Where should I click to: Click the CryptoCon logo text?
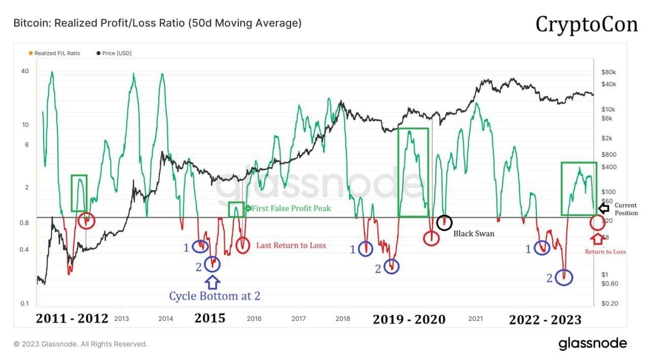tap(587, 24)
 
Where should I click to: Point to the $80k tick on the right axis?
tap(609, 72)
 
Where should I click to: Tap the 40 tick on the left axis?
tap(25, 71)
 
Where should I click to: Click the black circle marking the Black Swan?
tap(444, 222)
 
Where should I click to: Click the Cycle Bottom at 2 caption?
tap(214, 296)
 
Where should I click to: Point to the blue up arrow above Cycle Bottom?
tap(212, 280)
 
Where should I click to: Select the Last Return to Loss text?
tap(291, 245)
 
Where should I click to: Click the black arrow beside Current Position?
tap(603, 208)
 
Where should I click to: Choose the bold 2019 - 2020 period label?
tap(409, 319)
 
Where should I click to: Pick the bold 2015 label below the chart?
tap(209, 319)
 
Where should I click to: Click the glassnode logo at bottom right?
tap(592, 344)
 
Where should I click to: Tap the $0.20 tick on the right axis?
tap(608, 303)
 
